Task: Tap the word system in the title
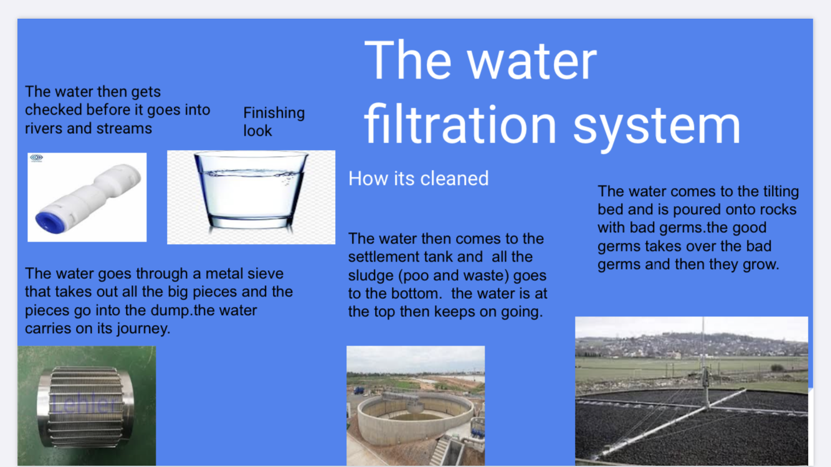[657, 128]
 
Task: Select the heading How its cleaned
[419, 179]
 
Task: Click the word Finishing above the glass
[274, 113]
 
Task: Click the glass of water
[251, 191]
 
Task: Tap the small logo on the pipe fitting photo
[36, 158]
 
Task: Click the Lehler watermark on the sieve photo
[85, 403]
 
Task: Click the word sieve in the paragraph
[264, 274]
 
